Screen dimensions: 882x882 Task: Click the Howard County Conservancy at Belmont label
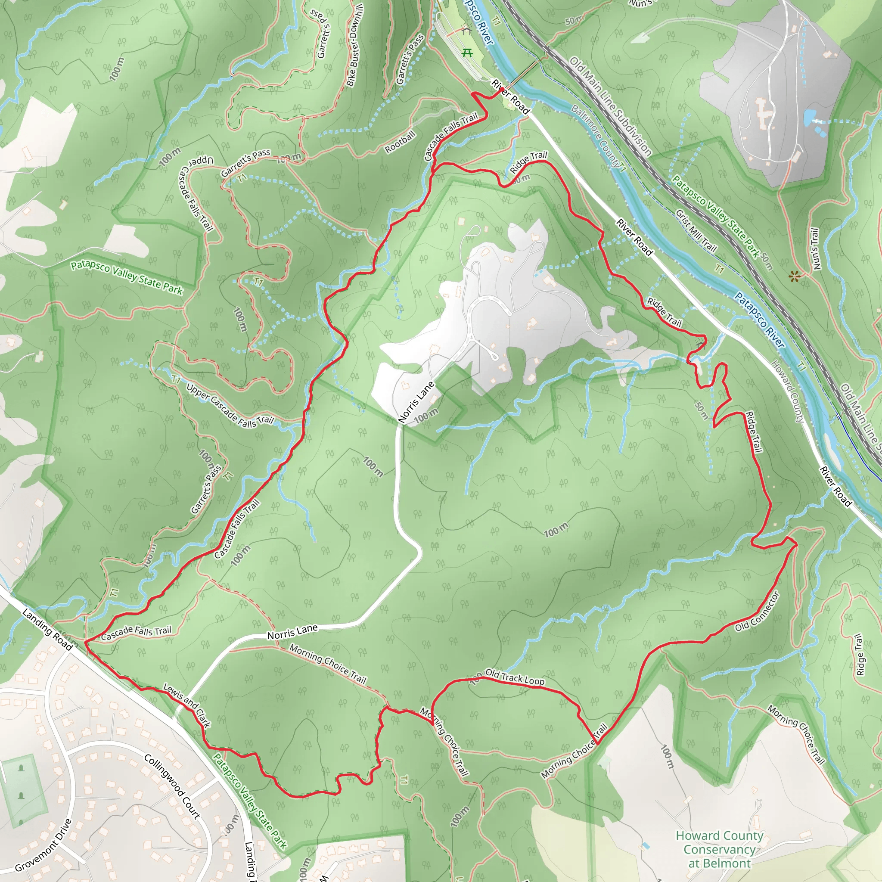point(719,850)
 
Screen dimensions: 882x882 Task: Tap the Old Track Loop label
point(515,677)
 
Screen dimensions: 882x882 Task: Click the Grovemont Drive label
point(43,845)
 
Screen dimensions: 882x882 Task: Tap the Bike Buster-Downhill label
point(354,46)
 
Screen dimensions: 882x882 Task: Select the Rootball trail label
point(400,142)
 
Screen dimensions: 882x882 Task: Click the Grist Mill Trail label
point(696,230)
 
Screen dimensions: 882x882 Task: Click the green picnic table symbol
point(466,53)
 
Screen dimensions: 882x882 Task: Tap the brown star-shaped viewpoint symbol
point(794,276)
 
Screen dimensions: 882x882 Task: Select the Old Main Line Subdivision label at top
point(610,106)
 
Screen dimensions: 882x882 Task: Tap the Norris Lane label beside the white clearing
point(416,402)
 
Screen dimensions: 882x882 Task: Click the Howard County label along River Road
point(787,391)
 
